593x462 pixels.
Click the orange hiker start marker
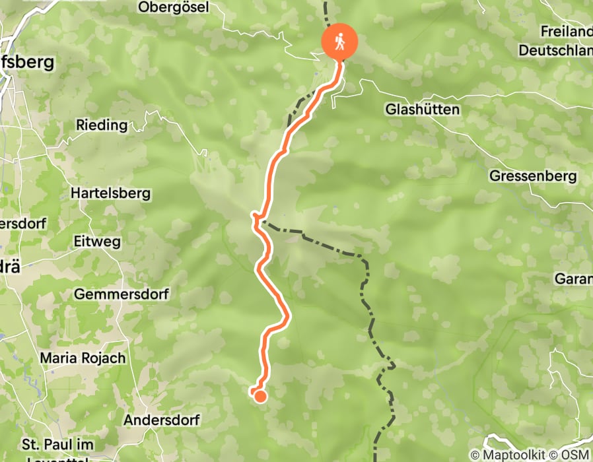[x=339, y=42]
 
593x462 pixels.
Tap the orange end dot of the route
[x=260, y=396]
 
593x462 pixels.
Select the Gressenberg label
[x=533, y=176]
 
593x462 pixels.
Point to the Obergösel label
[x=174, y=7]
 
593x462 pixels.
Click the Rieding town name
[x=101, y=125]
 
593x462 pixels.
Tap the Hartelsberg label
[x=110, y=194]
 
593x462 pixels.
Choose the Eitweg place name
[x=98, y=242]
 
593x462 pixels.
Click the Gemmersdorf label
[x=122, y=294]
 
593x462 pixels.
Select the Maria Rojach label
[x=83, y=358]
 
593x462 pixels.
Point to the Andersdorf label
[x=161, y=420]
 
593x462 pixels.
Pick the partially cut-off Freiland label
[x=566, y=31]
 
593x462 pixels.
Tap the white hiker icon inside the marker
[x=339, y=42]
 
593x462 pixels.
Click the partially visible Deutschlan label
[x=555, y=50]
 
